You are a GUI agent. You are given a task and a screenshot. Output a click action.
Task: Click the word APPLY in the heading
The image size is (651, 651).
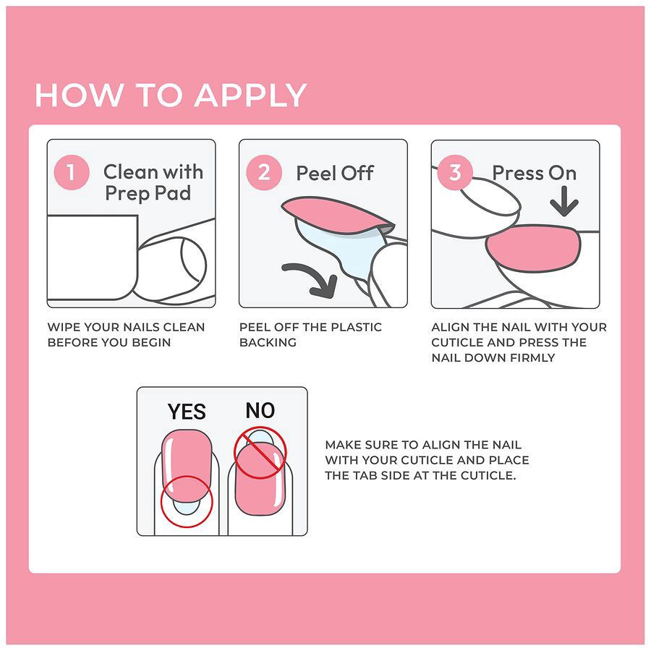pyautogui.click(x=251, y=95)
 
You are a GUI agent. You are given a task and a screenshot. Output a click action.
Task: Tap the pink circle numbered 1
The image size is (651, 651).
pyautogui.click(x=72, y=172)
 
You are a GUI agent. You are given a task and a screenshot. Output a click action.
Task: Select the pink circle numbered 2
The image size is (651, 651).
pyautogui.click(x=264, y=172)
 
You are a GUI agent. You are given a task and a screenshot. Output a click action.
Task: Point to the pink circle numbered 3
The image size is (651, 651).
pyautogui.click(x=455, y=172)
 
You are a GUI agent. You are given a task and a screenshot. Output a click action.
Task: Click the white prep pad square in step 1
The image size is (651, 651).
pyautogui.click(x=92, y=257)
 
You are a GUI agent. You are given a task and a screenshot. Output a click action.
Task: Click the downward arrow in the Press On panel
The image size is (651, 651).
pyautogui.click(x=564, y=201)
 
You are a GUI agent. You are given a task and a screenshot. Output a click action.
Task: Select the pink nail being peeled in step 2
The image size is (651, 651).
pyautogui.click(x=337, y=216)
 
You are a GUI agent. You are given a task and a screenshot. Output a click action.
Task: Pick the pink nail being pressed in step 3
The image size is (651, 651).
pyautogui.click(x=534, y=248)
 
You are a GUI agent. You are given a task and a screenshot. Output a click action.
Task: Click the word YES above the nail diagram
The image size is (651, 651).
pyautogui.click(x=187, y=412)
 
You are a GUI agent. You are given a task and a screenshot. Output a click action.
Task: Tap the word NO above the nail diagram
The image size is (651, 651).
pyautogui.click(x=260, y=410)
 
